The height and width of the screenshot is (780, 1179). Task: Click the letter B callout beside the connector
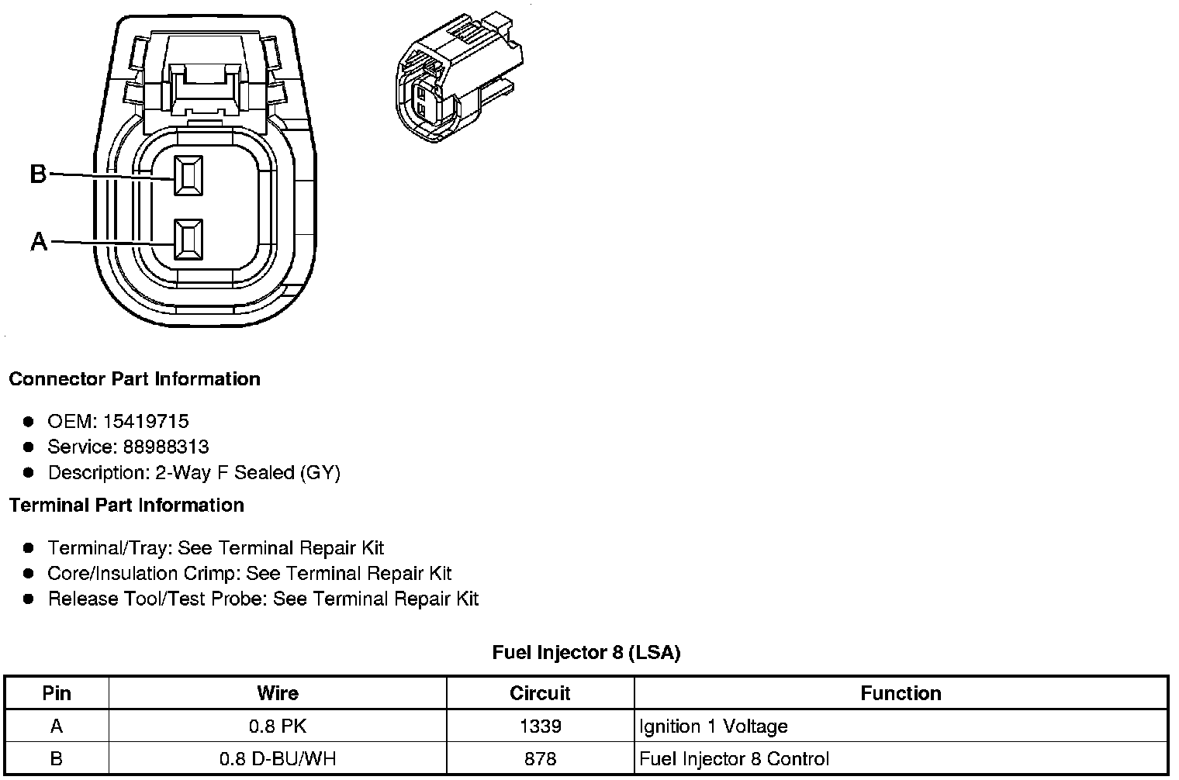pos(38,174)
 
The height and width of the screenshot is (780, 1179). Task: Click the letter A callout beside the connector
pos(39,242)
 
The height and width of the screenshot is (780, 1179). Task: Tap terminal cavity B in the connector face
pos(188,176)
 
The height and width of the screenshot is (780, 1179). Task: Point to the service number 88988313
pos(165,447)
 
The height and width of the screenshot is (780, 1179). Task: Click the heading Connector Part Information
pos(134,379)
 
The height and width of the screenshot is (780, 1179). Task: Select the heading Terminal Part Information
pos(126,506)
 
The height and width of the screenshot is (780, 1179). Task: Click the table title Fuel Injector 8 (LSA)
pos(586,653)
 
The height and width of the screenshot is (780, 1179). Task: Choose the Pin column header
pos(57,693)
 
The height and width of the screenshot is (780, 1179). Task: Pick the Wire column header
pos(278,693)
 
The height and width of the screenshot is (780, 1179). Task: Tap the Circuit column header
pos(540,693)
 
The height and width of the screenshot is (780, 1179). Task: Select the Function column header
pos(901,693)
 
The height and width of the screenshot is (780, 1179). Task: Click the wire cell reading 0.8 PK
pos(278,727)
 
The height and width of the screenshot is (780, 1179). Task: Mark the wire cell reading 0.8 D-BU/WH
pos(278,759)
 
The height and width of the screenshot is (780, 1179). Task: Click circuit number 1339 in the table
pos(540,727)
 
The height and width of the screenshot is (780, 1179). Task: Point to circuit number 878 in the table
pos(540,759)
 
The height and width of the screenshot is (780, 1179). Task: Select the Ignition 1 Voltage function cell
pos(714,727)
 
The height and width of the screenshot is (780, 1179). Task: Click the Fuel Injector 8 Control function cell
pos(734,759)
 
